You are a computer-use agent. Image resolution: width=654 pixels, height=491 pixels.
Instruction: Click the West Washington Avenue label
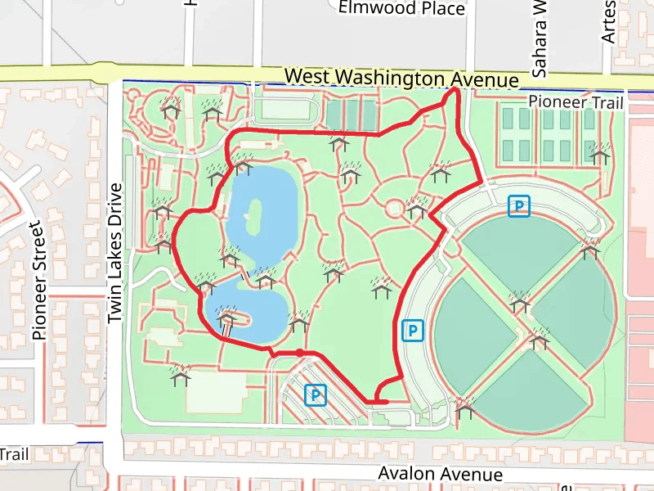pos(401,79)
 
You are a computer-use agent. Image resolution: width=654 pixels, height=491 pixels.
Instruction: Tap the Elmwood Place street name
pos(401,9)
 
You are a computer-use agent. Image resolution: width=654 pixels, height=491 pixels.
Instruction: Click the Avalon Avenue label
pos(440,474)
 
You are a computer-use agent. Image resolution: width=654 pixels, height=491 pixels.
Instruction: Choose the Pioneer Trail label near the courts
pos(576,102)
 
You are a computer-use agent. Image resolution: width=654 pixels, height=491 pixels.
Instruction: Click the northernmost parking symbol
pos(518,206)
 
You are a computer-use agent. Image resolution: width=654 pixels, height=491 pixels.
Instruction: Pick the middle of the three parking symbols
pos(414,331)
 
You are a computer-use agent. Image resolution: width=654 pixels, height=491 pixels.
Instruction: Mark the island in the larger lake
pos(253,216)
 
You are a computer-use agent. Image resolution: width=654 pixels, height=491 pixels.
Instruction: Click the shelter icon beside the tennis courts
pos(600,151)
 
